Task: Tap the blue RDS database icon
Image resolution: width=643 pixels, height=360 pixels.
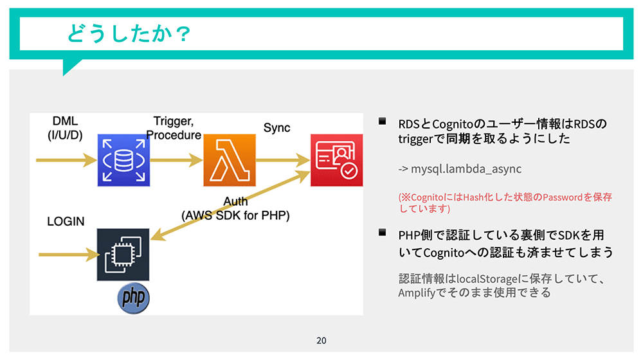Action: (x=122, y=161)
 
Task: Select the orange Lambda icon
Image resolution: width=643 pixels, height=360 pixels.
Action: (x=229, y=161)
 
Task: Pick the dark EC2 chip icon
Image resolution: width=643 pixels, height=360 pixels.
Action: (x=122, y=255)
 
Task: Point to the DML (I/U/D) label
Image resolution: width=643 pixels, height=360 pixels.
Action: (x=65, y=129)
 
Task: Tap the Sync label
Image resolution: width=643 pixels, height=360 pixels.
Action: (x=276, y=128)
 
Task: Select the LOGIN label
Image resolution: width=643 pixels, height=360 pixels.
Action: (x=66, y=222)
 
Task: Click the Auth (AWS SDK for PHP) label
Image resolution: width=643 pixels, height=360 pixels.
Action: (x=235, y=209)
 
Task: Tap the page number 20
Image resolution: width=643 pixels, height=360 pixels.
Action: (x=321, y=340)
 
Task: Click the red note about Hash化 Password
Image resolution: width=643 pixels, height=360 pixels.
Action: (x=505, y=203)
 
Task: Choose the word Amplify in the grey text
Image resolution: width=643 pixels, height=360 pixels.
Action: (x=417, y=292)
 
